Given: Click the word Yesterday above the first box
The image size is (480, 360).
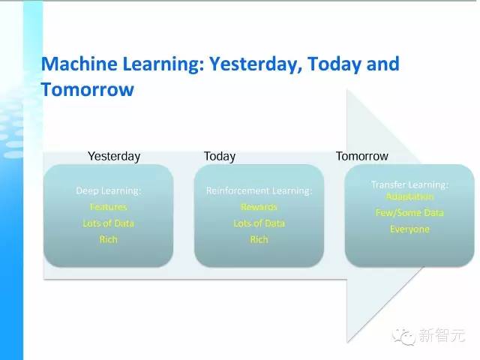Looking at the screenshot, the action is tap(114, 156).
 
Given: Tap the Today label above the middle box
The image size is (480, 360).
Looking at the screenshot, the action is tap(219, 156).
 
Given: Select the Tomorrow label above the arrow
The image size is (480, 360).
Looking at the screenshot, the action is tap(361, 156).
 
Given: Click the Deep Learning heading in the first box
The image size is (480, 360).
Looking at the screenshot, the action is tap(108, 190).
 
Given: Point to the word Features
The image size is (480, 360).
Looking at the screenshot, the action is tap(108, 206).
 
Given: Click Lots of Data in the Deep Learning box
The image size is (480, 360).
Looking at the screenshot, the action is tap(108, 223).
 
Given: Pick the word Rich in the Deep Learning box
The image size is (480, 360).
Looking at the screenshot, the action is tap(108, 239).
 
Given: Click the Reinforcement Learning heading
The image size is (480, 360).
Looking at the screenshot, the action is tap(259, 190).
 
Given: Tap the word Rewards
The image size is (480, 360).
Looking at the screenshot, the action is tap(259, 206).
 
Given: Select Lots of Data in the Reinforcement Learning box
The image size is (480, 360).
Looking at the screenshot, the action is tap(259, 223).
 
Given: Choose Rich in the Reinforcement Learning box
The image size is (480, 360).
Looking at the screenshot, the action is tap(259, 239).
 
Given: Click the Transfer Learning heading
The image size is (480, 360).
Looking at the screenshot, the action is tap(409, 184).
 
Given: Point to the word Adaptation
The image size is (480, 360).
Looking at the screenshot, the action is tap(409, 196).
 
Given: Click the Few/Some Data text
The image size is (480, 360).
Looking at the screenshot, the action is tap(409, 212).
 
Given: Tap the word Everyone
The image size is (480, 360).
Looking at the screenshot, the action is tap(409, 229).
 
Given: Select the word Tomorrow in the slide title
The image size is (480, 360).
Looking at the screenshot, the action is tap(87, 89).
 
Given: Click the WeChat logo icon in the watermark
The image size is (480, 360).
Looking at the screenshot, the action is tap(406, 335).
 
